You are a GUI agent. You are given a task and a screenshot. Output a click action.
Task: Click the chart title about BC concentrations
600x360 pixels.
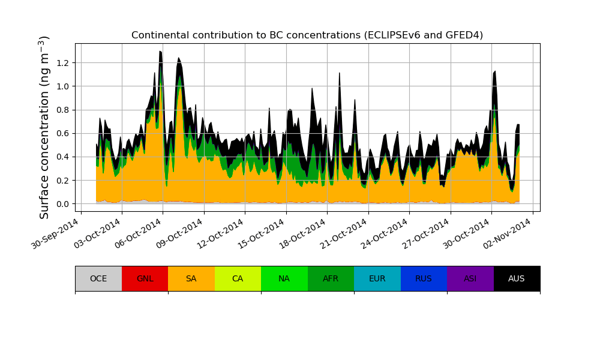(x=307, y=35)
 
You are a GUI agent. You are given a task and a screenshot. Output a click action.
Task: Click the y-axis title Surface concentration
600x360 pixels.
(x=44, y=127)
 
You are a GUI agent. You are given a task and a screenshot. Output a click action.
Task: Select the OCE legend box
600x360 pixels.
(x=98, y=278)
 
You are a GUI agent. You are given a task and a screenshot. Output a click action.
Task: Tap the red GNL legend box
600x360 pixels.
(x=145, y=278)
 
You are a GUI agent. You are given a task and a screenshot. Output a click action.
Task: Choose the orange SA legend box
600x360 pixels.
(x=191, y=278)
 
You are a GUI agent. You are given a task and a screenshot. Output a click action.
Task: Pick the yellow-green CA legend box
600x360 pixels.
(x=238, y=278)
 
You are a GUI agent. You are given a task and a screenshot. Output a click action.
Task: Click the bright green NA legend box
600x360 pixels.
(x=284, y=278)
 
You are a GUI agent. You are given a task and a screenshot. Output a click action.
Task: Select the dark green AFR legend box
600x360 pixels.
(x=331, y=278)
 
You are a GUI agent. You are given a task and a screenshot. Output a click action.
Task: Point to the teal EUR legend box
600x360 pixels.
(x=377, y=278)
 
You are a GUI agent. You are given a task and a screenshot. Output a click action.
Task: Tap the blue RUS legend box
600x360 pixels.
(x=424, y=278)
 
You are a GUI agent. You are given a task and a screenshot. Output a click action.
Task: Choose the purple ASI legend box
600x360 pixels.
(x=470, y=278)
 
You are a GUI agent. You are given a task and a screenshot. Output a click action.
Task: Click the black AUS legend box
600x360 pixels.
(x=517, y=278)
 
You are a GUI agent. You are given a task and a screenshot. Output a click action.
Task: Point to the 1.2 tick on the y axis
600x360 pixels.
(x=63, y=63)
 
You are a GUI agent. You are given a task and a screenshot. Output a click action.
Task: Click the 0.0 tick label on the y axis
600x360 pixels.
(x=63, y=204)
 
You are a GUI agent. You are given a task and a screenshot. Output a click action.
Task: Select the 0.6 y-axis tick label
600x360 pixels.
(x=63, y=133)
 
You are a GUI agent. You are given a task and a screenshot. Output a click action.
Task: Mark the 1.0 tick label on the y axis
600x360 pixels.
(x=63, y=86)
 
